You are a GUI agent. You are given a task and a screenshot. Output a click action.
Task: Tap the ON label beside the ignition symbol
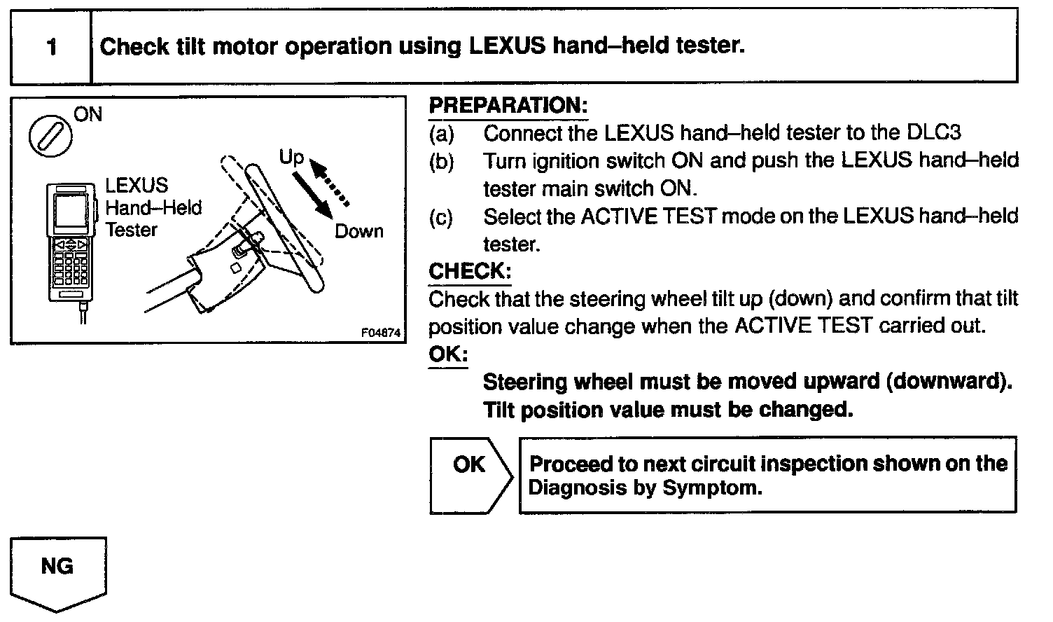(88, 113)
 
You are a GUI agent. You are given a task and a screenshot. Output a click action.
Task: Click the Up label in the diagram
(291, 157)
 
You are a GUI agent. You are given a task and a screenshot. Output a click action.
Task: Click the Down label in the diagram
(358, 231)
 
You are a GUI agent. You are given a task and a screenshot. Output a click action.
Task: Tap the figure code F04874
(382, 333)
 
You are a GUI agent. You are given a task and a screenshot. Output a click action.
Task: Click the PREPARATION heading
(508, 106)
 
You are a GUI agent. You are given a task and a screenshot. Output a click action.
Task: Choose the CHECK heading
(470, 271)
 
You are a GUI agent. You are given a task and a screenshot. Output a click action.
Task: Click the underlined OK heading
(448, 354)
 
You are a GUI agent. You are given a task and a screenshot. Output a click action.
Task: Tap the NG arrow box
(58, 571)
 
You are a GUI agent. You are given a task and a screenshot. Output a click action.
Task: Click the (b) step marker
(441, 161)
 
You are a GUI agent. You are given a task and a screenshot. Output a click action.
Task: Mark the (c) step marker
(441, 217)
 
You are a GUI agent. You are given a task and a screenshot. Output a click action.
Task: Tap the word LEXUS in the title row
(507, 46)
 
